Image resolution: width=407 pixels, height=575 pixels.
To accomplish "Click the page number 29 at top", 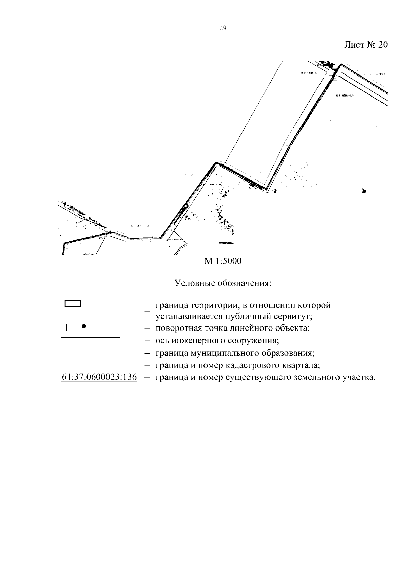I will coord(223,28).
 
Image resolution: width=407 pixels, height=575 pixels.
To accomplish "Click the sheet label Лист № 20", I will coord(366,45).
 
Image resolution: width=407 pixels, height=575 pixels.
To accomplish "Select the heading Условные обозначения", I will coord(223,283).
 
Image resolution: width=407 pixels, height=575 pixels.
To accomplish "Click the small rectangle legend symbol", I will coord(73,304).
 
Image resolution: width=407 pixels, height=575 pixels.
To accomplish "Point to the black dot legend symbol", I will coord(84,326).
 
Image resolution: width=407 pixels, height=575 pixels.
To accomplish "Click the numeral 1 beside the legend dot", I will coord(66,328).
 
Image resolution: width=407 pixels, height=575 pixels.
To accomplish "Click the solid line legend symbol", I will coord(90,338).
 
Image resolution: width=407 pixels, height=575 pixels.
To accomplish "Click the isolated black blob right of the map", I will coord(364,191).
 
